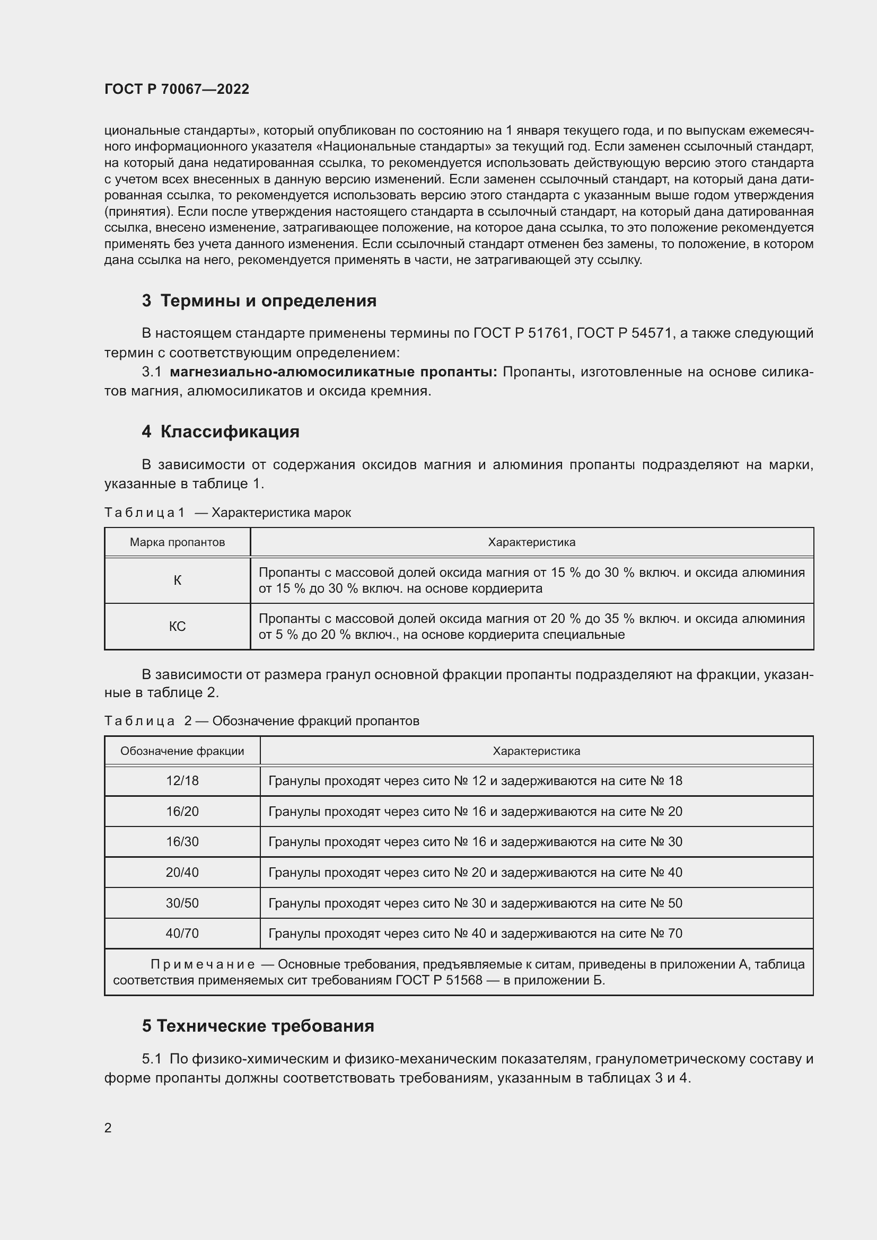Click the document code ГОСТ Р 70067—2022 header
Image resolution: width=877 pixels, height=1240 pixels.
coord(177,89)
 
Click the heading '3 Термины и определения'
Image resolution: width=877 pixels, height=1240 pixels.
coord(259,300)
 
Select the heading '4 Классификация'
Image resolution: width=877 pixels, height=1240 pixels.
coord(221,432)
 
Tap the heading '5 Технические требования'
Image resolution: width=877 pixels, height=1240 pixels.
coord(258,1026)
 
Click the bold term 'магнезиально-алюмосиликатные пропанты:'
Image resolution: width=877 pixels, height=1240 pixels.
coord(333,372)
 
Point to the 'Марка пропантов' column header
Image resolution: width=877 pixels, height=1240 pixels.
coord(177,542)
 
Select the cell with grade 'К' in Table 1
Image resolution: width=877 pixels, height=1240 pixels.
coord(177,581)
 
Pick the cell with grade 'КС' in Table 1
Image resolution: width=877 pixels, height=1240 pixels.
coord(177,627)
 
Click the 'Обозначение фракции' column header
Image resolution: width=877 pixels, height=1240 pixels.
coord(182,751)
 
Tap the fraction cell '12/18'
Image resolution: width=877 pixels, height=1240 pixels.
coord(182,781)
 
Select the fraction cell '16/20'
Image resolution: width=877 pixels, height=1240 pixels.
coord(182,811)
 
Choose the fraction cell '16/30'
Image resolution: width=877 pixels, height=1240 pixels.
coord(182,841)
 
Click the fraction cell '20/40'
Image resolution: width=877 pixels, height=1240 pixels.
coord(182,872)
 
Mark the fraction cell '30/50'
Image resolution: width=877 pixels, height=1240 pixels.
coord(182,903)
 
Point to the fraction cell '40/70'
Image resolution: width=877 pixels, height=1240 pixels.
coord(182,933)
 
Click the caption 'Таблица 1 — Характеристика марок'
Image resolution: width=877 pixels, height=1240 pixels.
coord(227,513)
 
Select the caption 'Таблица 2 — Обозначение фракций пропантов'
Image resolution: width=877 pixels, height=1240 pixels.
coord(261,721)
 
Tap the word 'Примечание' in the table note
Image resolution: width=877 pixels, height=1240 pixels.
coord(203,964)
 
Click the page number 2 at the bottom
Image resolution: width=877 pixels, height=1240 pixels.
coord(108,1128)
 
